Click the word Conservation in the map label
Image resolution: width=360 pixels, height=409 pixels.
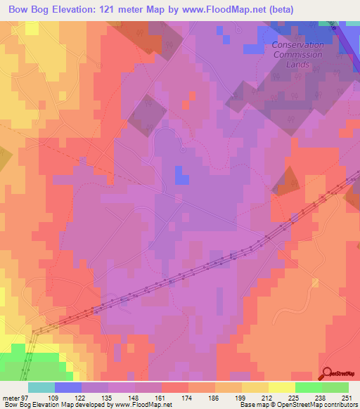tap(298, 45)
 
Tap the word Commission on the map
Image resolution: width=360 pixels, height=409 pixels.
tap(298, 54)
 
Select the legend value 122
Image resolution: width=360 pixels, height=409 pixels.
tap(82, 397)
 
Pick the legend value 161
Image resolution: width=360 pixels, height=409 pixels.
tap(162, 397)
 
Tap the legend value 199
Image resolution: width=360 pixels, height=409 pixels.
tap(242, 397)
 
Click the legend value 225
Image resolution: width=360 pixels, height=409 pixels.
tap(295, 397)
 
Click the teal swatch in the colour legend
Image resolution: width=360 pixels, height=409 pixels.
tap(41, 387)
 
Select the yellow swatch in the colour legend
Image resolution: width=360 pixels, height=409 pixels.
tap(282, 387)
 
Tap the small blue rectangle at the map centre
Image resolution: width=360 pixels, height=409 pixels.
tap(181, 175)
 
